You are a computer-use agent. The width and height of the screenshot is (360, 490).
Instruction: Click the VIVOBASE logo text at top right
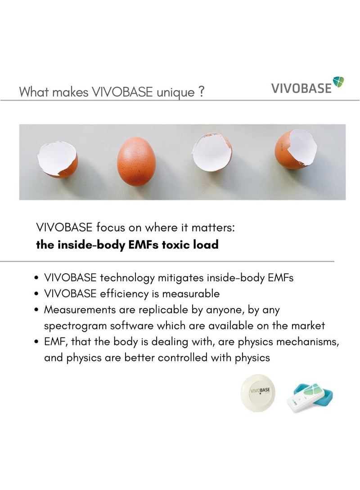301,88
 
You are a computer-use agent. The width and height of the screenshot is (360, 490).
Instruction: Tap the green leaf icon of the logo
338,81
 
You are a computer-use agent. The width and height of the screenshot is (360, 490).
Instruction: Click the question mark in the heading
202,92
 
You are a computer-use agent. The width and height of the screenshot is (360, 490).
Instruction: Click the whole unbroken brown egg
136,162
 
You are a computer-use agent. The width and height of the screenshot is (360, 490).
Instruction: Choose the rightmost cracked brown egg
296,150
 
